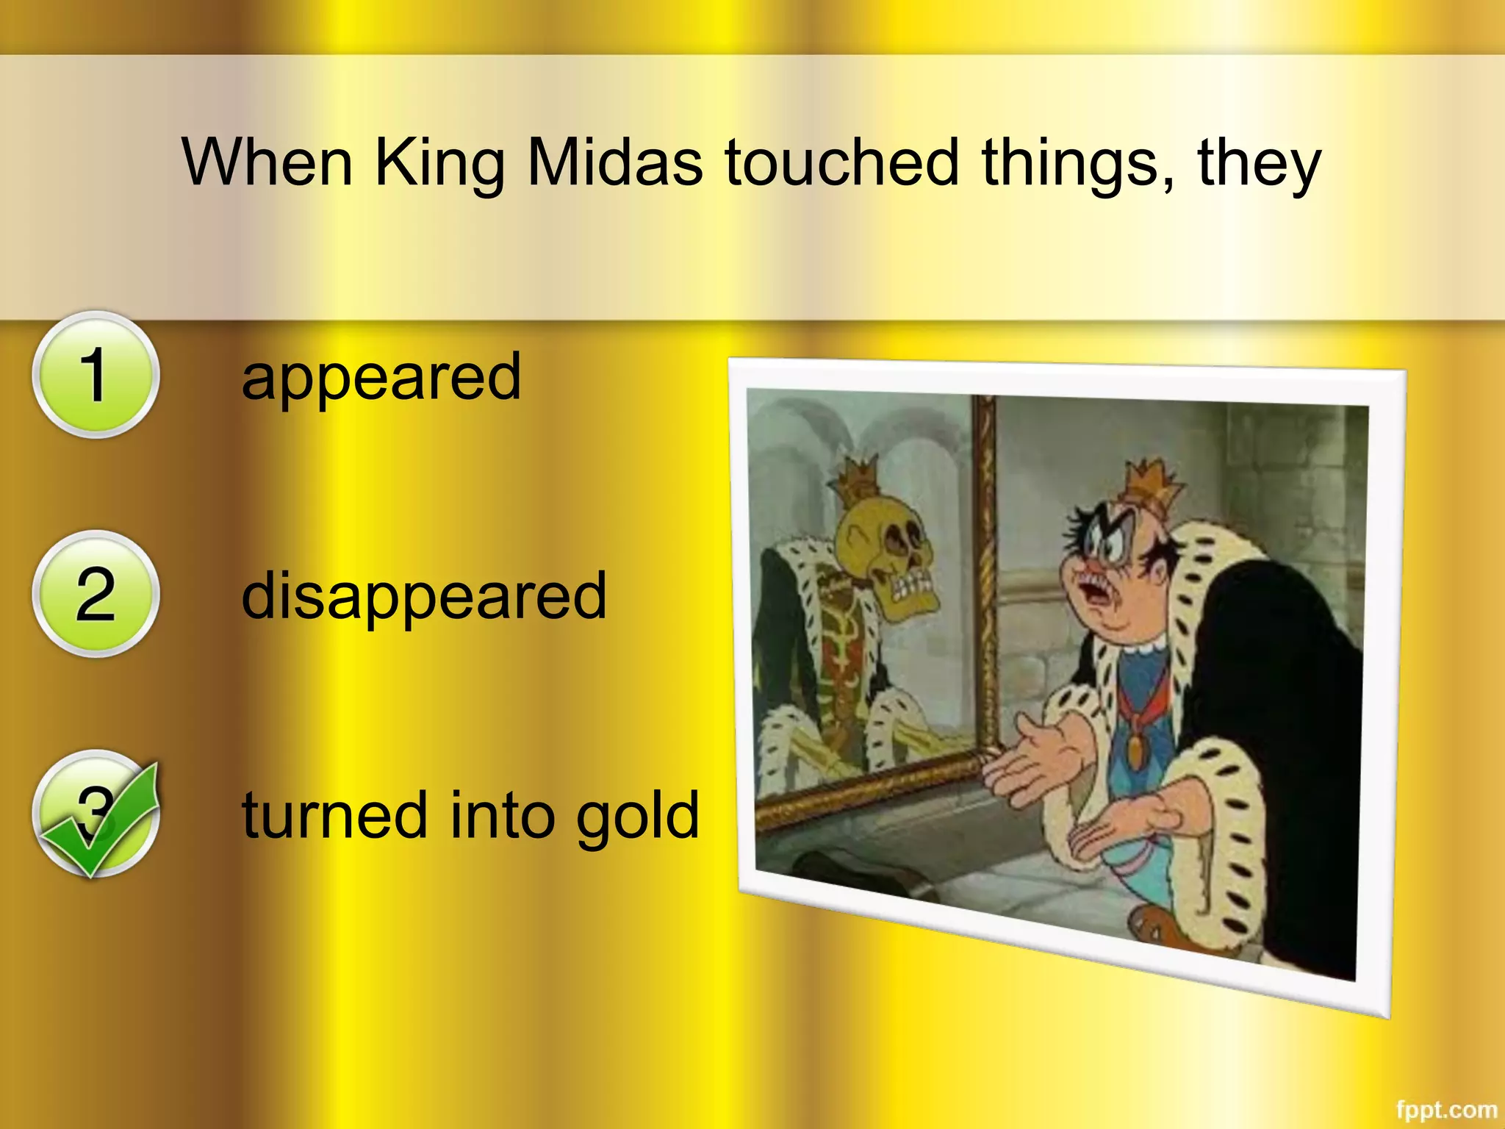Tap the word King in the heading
(x=439, y=163)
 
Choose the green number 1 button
(x=95, y=375)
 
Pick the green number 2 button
(x=95, y=594)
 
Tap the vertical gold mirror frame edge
(x=987, y=573)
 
